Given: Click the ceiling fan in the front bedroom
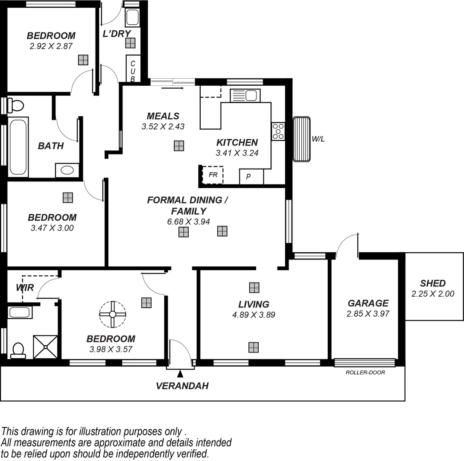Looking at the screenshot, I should (113, 314).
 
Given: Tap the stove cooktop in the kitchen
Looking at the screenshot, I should (278, 131).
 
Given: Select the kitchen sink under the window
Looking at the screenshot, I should (245, 96).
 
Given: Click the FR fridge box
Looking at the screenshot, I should (213, 175).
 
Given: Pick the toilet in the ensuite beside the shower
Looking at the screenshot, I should (18, 350).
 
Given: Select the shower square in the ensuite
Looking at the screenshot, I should (45, 347).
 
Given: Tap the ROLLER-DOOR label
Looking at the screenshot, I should (365, 373).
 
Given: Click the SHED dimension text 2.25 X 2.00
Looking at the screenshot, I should (432, 294).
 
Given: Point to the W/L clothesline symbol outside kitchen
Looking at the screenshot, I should (301, 139).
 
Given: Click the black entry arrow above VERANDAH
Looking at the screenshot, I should (180, 374).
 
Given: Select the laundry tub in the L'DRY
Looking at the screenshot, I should (132, 18).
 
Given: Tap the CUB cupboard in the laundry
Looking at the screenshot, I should (133, 69).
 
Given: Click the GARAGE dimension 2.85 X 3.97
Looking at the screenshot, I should (368, 314).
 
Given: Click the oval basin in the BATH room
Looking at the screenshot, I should (67, 170).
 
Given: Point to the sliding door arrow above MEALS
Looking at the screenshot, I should (172, 88).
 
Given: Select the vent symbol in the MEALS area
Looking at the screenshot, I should (179, 146).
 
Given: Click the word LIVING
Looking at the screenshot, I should (254, 304).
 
